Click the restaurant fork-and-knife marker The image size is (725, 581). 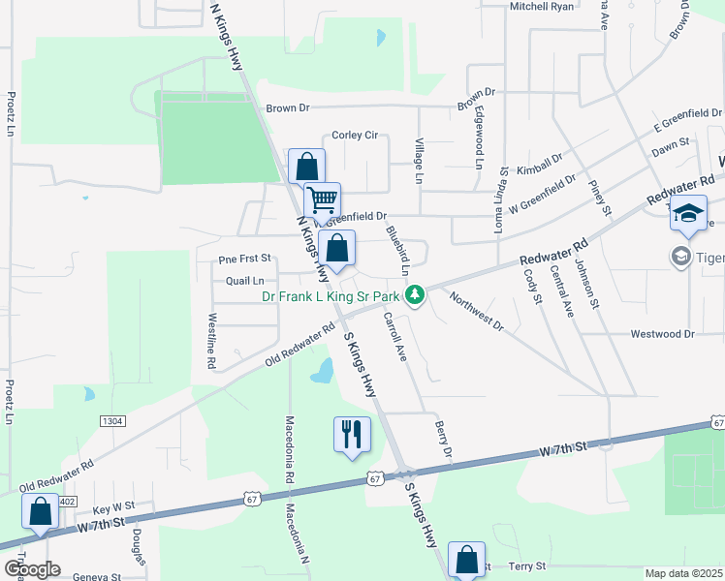pyautogui.click(x=352, y=434)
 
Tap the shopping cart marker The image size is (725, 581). pyautogui.click(x=322, y=200)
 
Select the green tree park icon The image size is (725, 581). pyautogui.click(x=415, y=292)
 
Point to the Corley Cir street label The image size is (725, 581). pyautogui.click(x=355, y=136)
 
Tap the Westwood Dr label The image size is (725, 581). pyautogui.click(x=663, y=334)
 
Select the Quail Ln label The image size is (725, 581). pyautogui.click(x=244, y=281)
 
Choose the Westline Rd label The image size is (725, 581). pyautogui.click(x=211, y=340)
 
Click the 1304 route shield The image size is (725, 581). pyautogui.click(x=112, y=420)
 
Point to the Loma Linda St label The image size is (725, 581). pyautogui.click(x=502, y=203)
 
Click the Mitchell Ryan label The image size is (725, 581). pyautogui.click(x=542, y=6)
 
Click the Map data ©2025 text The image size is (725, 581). pyautogui.click(x=684, y=573)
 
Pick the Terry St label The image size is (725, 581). pyautogui.click(x=527, y=566)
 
